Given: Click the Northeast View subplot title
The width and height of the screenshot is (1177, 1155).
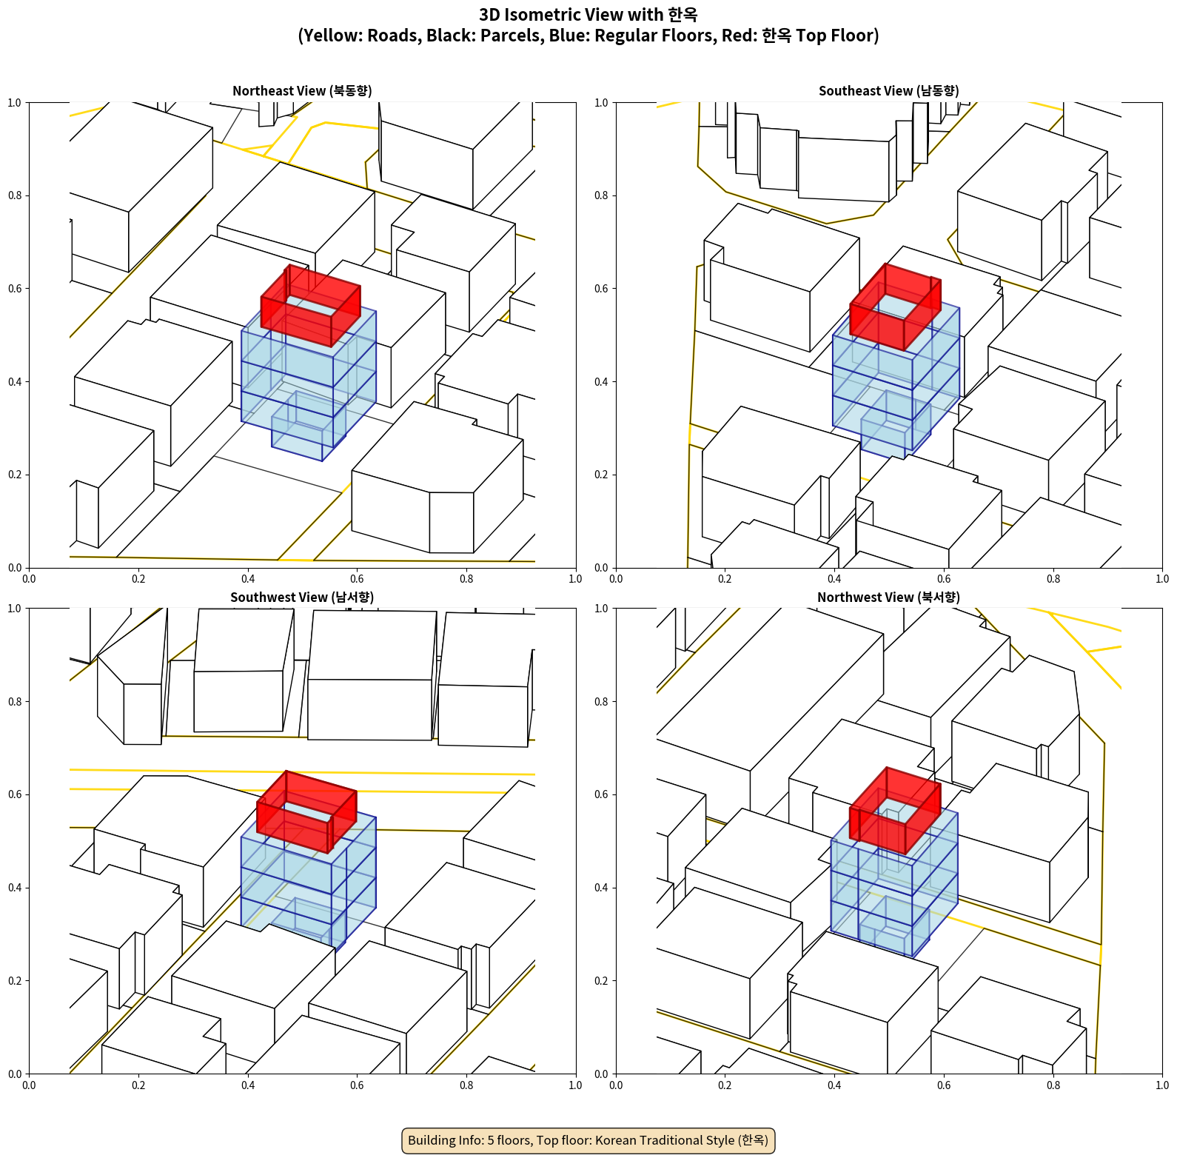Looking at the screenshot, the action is [302, 91].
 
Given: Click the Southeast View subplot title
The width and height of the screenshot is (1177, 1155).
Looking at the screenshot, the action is [888, 91].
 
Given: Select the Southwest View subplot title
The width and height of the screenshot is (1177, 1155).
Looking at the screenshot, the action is [302, 597].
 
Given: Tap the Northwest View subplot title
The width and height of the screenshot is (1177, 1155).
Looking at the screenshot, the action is [888, 597].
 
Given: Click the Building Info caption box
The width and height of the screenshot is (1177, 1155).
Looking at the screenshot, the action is [588, 1140].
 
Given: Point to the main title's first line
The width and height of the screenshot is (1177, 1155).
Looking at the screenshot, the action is [588, 15].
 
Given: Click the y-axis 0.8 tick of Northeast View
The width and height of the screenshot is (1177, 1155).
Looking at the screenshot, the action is [15, 195].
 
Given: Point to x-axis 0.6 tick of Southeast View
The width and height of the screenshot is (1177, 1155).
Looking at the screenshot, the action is [944, 579].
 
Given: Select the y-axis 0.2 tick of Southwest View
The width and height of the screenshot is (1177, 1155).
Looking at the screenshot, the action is [15, 980].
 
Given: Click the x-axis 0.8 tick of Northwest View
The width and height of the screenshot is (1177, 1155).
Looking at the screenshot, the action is [1053, 1085].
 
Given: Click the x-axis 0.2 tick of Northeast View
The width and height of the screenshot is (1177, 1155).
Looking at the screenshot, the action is [138, 579].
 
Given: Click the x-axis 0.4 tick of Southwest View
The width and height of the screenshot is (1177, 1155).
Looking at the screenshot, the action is [248, 1085].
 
